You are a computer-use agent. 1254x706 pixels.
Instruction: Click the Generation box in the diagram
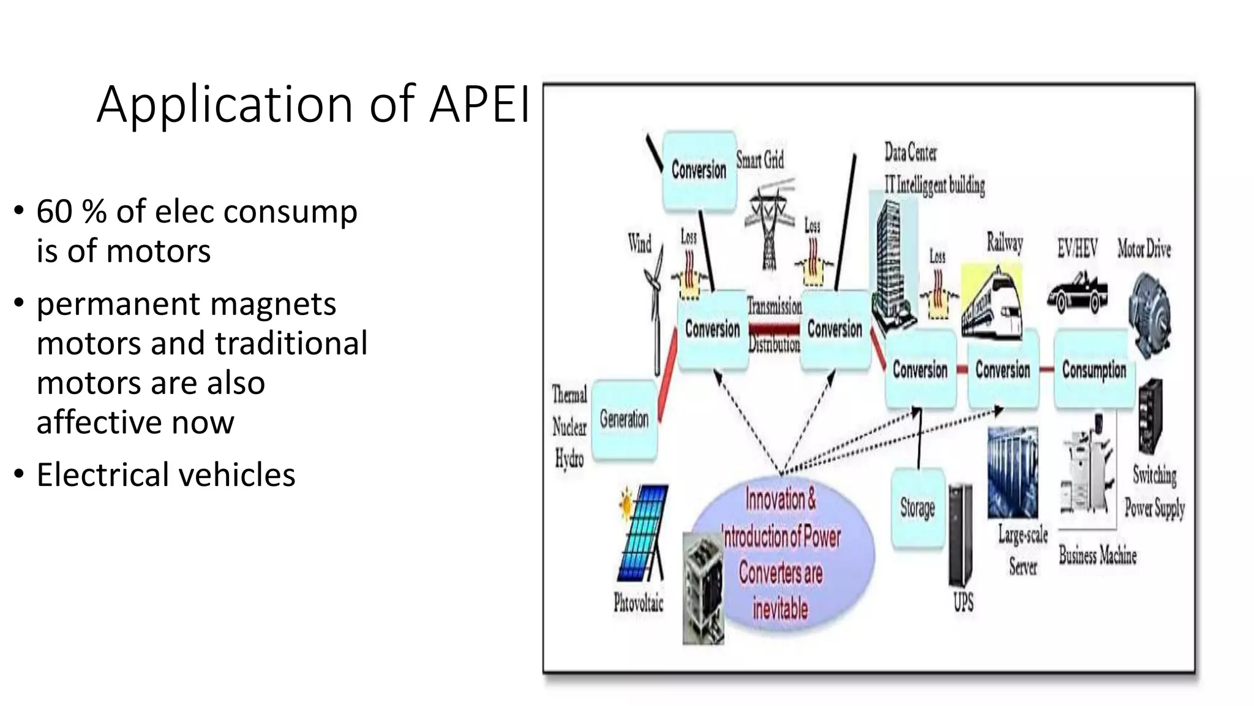point(624,419)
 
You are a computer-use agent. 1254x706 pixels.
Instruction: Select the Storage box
point(917,508)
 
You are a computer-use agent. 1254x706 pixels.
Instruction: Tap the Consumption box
point(1094,370)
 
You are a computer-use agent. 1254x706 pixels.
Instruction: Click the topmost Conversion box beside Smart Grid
point(699,170)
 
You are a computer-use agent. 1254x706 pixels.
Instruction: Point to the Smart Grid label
point(760,161)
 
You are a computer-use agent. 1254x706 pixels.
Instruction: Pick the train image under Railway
point(991,303)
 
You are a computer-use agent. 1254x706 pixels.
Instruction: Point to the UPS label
point(963,602)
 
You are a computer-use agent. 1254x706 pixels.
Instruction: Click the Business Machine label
point(1098,555)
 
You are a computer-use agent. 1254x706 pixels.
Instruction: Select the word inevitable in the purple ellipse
point(780,609)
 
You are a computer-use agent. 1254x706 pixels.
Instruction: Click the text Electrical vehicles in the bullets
point(166,475)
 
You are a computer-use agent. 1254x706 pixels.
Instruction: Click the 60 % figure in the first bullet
point(71,211)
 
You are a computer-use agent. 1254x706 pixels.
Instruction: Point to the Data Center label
point(910,152)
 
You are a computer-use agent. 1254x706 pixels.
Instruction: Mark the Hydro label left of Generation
point(569,458)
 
